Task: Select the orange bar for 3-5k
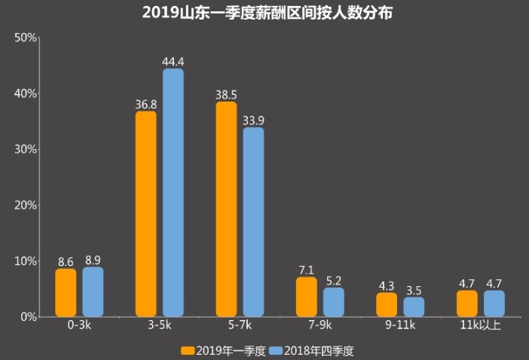click(146, 214)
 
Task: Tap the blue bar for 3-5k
click(173, 193)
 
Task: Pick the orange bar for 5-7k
click(226, 209)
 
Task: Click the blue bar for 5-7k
click(253, 222)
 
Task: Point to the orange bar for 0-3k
click(66, 292)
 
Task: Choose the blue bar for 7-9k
click(334, 302)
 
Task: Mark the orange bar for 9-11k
click(387, 304)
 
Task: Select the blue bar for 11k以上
click(494, 304)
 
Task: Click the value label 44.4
click(173, 60)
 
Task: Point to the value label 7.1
click(307, 269)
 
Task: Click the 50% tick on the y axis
click(26, 38)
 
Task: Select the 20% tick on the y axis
click(26, 205)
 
